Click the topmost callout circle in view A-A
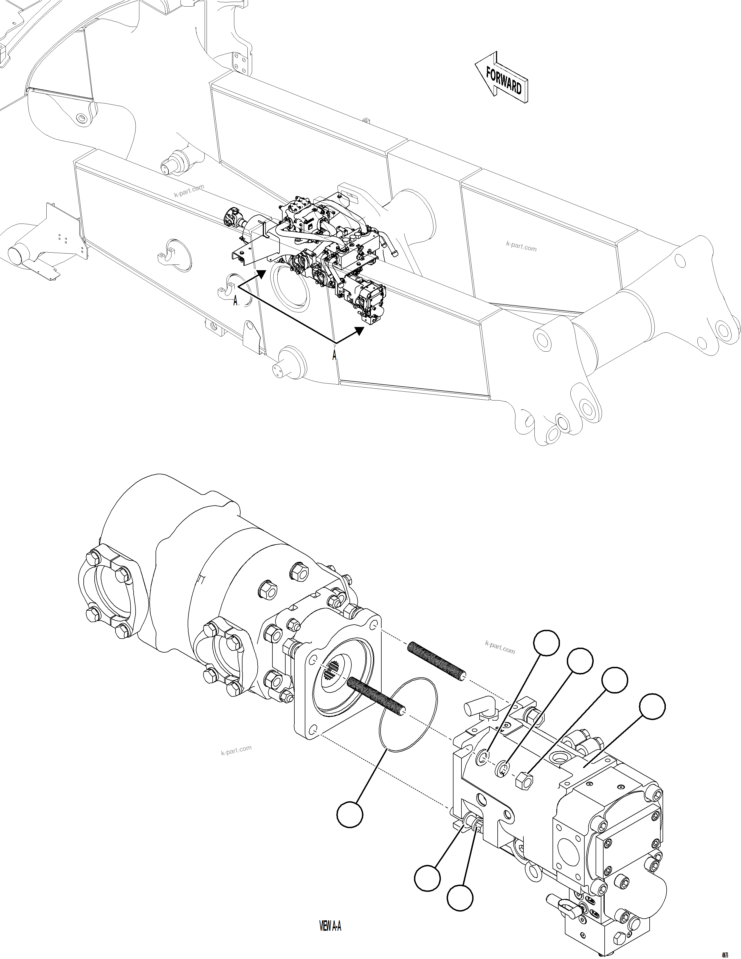(x=546, y=643)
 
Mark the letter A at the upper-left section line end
(x=235, y=301)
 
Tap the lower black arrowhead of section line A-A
(x=360, y=330)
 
